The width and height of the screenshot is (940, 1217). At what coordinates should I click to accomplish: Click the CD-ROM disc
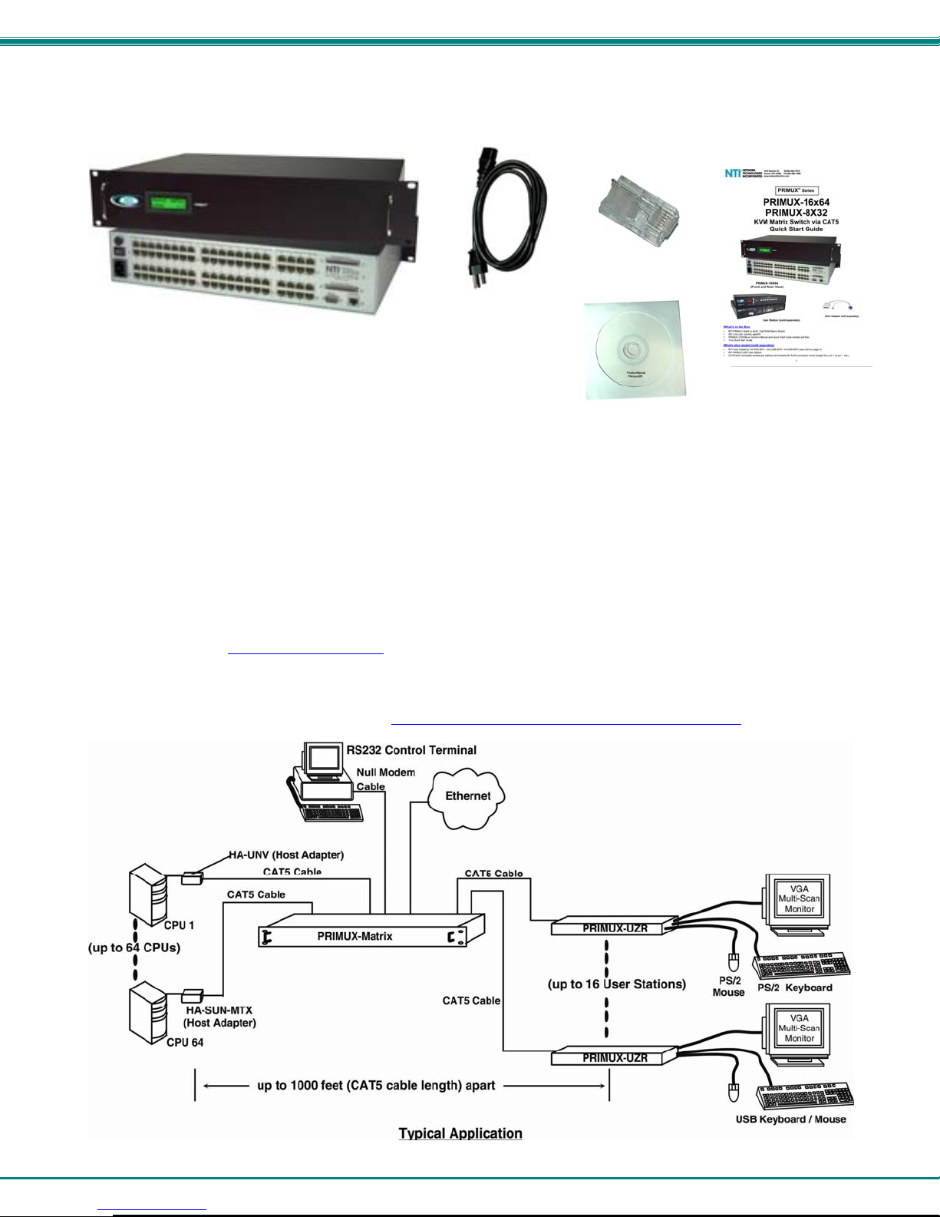633,350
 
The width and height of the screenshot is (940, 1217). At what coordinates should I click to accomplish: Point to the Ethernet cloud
468,796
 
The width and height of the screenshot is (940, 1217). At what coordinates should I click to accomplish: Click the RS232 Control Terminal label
412,750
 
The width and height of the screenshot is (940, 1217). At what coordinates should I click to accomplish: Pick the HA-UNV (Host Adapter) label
286,855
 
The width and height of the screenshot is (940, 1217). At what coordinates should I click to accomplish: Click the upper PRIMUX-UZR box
615,928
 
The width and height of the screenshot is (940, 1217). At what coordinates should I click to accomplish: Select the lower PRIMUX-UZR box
615,1057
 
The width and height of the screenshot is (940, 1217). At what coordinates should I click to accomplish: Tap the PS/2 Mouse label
728,987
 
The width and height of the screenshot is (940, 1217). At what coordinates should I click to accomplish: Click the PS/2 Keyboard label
795,987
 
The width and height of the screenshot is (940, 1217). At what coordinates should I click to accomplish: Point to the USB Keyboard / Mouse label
790,1119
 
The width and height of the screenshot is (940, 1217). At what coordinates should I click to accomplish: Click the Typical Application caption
460,1133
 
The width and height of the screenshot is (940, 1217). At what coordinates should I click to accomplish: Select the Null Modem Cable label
386,779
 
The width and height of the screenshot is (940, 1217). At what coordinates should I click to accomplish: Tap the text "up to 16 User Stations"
617,984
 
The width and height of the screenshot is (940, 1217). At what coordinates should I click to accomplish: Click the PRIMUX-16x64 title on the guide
796,203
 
